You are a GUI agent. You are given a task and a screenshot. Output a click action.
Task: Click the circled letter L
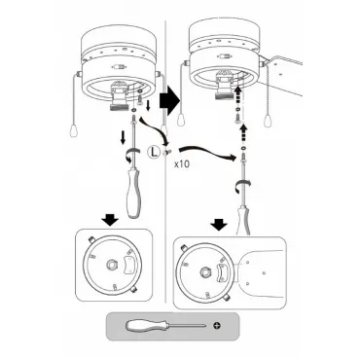154,152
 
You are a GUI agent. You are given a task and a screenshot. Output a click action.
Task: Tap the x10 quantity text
182,163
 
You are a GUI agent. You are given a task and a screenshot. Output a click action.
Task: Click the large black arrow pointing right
169,101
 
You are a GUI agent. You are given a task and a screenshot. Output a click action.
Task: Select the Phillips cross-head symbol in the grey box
217,325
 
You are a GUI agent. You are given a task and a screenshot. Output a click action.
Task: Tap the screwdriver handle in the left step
133,192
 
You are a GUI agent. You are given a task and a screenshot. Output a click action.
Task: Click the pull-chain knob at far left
73,130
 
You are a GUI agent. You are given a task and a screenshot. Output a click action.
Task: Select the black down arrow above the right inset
220,224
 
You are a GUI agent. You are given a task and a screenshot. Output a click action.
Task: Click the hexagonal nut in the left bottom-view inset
111,265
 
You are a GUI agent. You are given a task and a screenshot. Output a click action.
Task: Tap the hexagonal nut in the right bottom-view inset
205,272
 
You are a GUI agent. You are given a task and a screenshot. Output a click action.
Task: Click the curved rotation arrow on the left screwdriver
132,154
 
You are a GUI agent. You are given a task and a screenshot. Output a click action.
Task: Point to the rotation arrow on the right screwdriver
242,186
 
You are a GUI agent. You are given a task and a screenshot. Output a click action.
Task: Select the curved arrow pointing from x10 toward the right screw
206,152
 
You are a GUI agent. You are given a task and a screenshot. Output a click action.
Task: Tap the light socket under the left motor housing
120,96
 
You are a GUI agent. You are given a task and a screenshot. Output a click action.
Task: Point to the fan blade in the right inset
261,272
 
